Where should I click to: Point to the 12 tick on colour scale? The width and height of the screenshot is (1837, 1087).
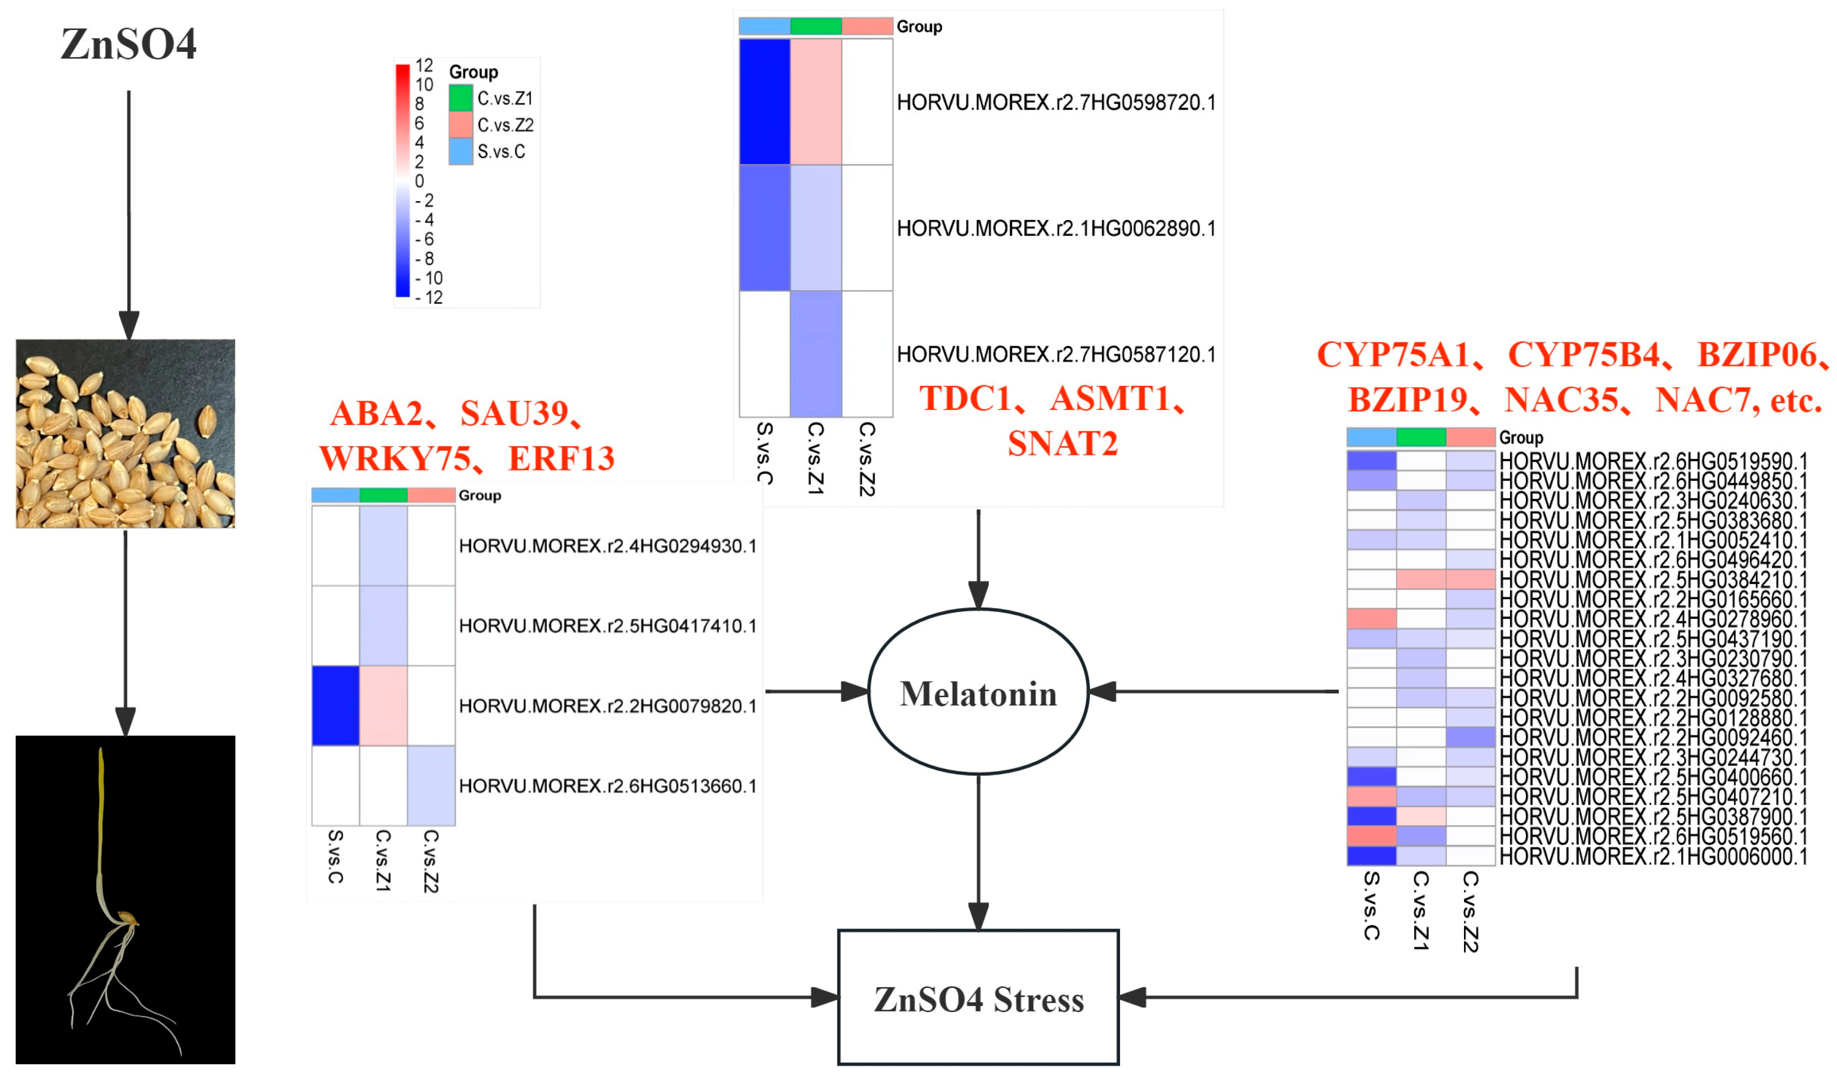pos(423,66)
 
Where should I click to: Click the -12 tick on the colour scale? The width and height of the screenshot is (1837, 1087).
pos(430,297)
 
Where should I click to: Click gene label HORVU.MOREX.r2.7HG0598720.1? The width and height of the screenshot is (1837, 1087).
pos(1055,103)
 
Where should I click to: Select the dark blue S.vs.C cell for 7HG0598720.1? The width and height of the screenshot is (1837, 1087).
pos(764,102)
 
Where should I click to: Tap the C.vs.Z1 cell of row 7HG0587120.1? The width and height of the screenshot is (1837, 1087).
pos(816,354)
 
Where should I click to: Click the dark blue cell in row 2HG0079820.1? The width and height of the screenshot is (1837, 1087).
pos(336,705)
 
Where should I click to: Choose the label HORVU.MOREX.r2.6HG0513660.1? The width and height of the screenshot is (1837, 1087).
pos(607,786)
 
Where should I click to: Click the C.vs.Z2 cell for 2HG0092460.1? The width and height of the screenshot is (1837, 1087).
pos(1469,737)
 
